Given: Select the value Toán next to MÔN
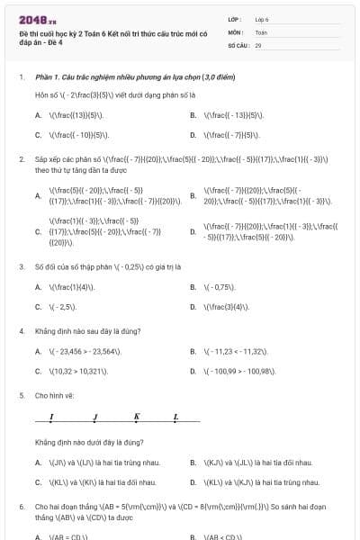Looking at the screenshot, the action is pyautogui.click(x=261, y=31).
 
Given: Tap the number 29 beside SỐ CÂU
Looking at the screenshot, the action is pyautogui.click(x=258, y=44).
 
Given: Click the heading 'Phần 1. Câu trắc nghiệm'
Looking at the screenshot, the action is pyautogui.click(x=112, y=77).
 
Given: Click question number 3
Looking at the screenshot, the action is pyautogui.click(x=21, y=267).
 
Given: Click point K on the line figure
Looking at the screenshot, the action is pyautogui.click(x=137, y=417).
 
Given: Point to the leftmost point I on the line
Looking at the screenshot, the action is pyautogui.click(x=51, y=418).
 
